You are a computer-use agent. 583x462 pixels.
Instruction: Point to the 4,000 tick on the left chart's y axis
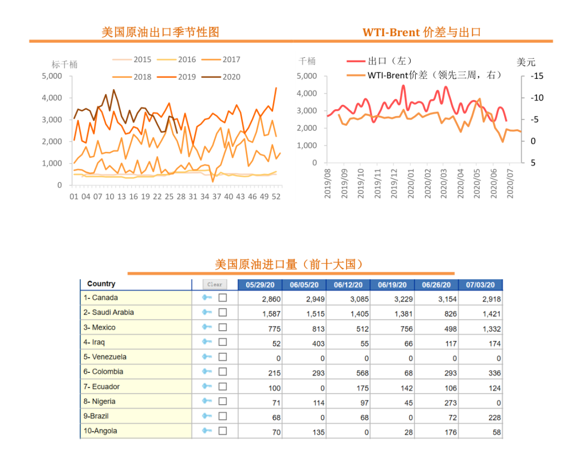click(x=52, y=98)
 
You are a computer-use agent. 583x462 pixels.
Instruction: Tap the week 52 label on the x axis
click(x=276, y=197)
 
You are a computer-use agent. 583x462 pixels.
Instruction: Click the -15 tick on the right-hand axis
click(x=537, y=76)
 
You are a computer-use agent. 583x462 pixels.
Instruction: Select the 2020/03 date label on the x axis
click(x=444, y=183)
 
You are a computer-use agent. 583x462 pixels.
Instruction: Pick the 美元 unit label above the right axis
click(x=526, y=62)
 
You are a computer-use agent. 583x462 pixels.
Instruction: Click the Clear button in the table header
click(x=214, y=284)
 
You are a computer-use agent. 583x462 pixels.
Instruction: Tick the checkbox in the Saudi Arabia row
click(x=222, y=312)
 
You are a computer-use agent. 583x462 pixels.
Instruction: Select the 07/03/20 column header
click(x=480, y=285)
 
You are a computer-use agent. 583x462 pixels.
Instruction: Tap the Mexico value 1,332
click(x=491, y=329)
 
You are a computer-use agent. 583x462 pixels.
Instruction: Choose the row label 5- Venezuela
click(x=105, y=357)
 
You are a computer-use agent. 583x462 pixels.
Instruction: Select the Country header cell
click(x=101, y=284)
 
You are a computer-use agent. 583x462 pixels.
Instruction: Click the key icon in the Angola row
click(x=207, y=431)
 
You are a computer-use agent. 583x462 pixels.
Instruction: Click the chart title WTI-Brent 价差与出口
click(x=422, y=32)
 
